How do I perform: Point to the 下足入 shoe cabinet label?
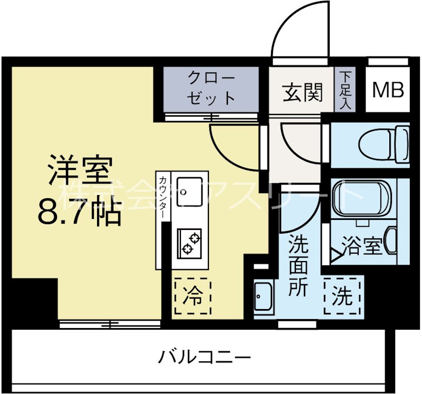coord(346,90)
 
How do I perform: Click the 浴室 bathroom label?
coord(362,246)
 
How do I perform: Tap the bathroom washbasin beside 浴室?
coord(391,241)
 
